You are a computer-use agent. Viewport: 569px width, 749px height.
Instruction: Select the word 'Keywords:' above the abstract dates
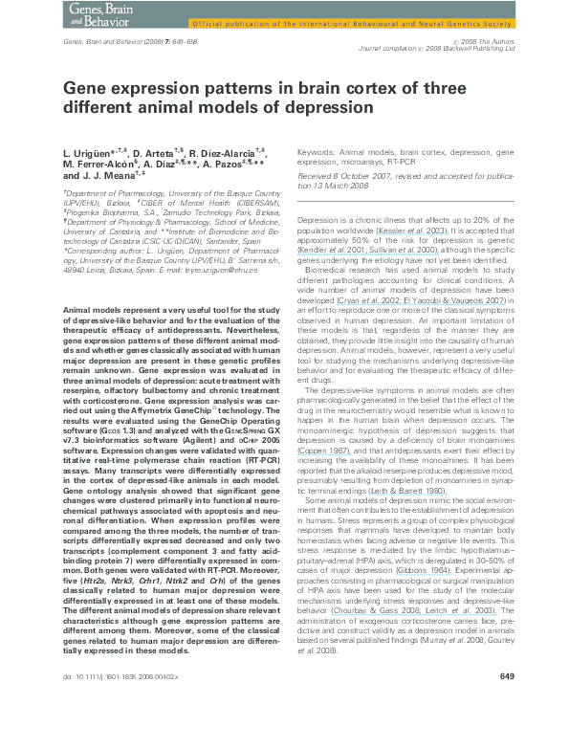coord(316,151)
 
